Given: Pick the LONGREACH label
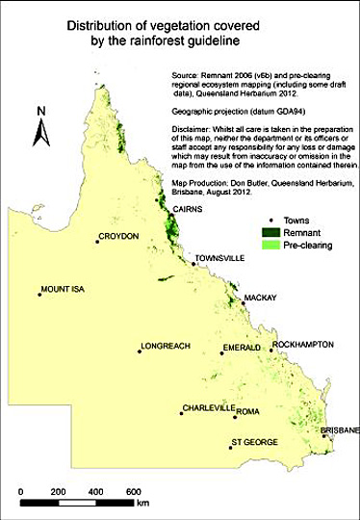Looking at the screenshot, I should point(167,347).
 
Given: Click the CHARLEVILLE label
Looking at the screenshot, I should point(209,408).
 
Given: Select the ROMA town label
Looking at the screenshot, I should point(248,411).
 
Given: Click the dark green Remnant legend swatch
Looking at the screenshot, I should point(276,232).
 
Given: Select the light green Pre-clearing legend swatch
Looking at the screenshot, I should point(276,246).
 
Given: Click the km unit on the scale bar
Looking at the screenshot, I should point(142,503).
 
